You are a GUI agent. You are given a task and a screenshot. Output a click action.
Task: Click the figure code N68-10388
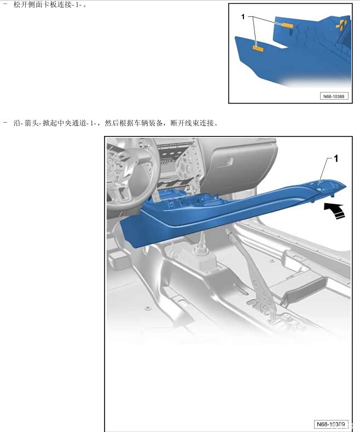coord(334,96)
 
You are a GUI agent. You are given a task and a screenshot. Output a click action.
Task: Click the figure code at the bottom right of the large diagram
coord(331,424)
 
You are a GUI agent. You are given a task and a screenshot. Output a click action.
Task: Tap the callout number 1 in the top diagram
coord(243,17)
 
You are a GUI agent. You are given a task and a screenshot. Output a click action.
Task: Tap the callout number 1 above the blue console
coord(336,158)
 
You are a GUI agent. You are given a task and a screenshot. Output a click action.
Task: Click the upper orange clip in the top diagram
coord(288,25)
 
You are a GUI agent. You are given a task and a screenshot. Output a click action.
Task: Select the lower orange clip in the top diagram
coord(258,49)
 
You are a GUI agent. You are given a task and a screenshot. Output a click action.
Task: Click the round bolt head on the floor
coord(148,308)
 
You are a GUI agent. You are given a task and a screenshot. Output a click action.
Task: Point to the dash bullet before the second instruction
coord(5,122)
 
